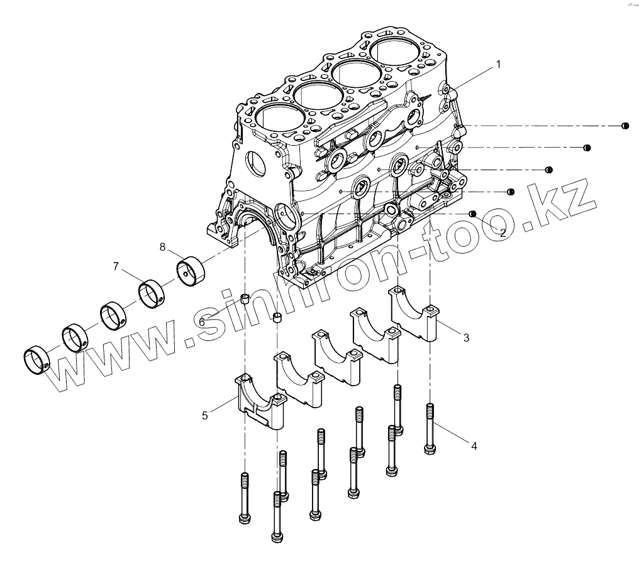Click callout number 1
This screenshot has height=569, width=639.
[x=498, y=64]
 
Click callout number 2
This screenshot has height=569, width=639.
[x=503, y=232]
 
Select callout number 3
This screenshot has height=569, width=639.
[x=466, y=338]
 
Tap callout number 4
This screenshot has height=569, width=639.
[x=474, y=446]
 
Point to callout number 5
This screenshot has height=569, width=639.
[x=204, y=415]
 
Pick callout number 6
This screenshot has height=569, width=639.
[x=203, y=322]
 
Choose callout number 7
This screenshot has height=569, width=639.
[x=116, y=267]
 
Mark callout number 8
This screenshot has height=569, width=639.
[x=162, y=247]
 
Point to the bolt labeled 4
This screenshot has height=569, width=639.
[x=430, y=427]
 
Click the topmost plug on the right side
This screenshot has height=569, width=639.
[x=625, y=126]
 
